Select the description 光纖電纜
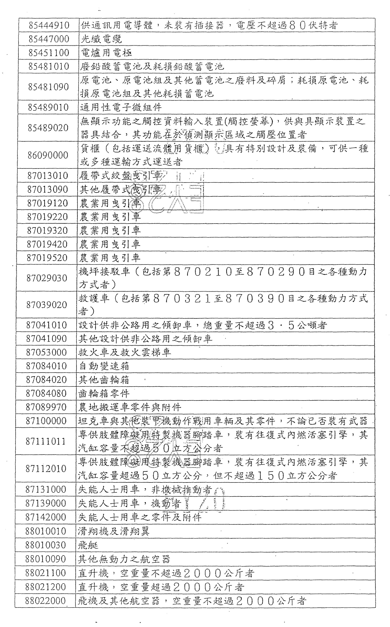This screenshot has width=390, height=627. (101, 39)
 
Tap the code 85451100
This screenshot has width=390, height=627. (49, 53)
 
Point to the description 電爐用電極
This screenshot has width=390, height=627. (106, 53)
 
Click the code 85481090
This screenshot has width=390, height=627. (48, 87)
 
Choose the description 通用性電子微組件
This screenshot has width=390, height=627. (121, 107)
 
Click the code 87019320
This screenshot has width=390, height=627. (47, 231)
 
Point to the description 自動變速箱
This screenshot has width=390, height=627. (104, 366)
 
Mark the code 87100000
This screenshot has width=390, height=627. (46, 421)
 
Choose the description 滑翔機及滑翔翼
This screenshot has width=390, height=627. (114, 531)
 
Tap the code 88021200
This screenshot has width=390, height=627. (45, 587)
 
